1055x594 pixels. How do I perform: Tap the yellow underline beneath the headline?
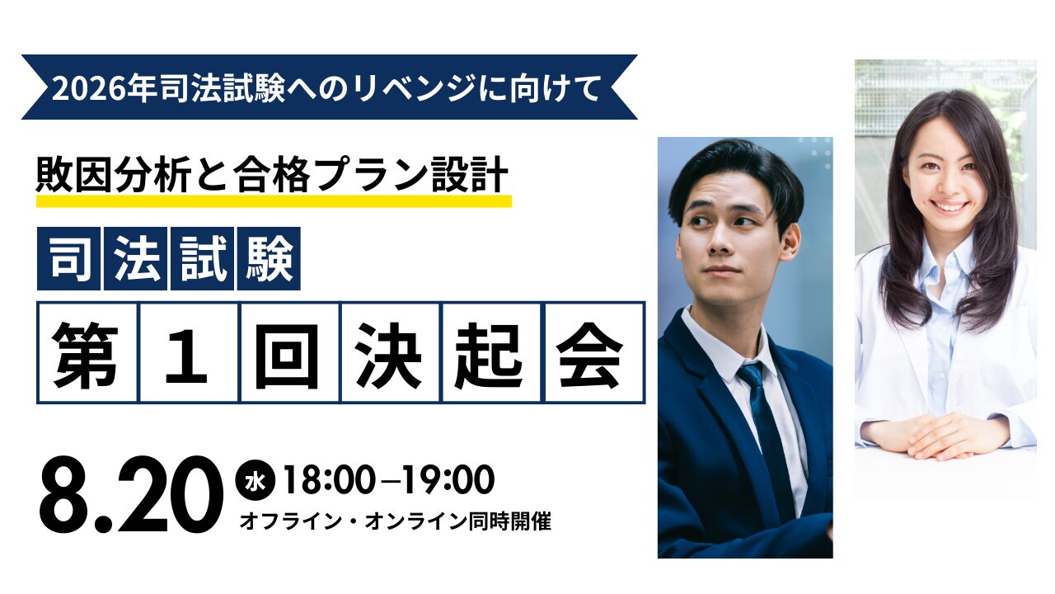[274, 201]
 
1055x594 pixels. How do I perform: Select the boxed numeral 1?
[189, 353]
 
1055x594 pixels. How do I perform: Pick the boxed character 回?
[289, 353]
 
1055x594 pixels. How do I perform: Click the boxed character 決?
[391, 353]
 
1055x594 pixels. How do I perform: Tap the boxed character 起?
[491, 353]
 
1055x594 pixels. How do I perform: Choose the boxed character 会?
[594, 353]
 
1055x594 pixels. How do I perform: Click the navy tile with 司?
[68, 258]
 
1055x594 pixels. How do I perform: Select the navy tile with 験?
[269, 258]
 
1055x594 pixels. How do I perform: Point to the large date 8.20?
[131, 494]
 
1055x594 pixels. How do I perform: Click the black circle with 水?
[256, 481]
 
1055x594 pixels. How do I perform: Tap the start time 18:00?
[329, 480]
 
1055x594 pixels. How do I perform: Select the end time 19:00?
[448, 480]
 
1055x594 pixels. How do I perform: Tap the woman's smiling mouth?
[948, 206]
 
